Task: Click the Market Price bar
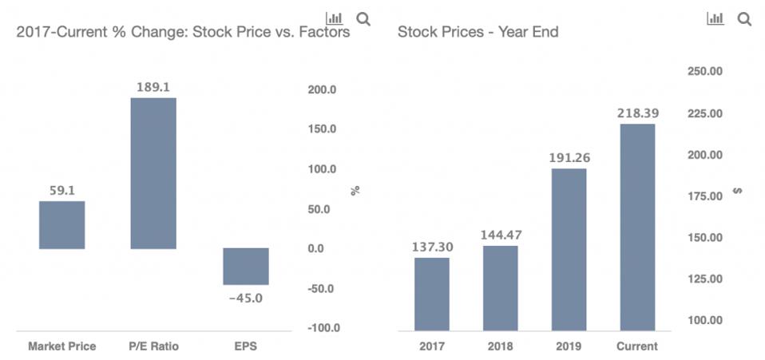coord(61,224)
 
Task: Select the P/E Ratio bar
coord(153,172)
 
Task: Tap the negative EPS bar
coord(245,266)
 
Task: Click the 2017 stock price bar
coord(432,293)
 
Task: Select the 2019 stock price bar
coord(569,249)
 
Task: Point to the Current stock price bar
coord(637,227)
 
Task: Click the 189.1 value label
coord(154,87)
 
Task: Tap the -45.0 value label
coord(245,299)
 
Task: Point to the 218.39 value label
coord(637,113)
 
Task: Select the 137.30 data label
coord(433,247)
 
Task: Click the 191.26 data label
coord(569,157)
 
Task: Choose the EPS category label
coord(246,346)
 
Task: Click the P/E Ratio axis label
coord(154,346)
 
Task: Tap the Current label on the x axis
coord(637,346)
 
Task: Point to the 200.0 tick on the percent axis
coord(323,89)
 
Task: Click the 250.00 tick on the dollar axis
coord(705,72)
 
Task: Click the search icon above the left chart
coord(363,18)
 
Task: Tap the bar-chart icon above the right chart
coord(715,18)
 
